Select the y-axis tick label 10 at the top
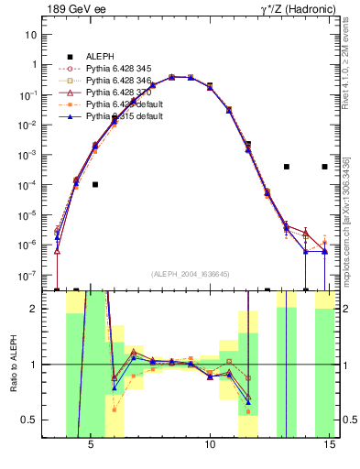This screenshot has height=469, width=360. pyautogui.click(x=30, y=35)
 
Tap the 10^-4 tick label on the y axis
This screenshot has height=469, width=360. pyautogui.click(x=27, y=185)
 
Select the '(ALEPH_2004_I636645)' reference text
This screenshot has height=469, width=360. pyautogui.click(x=191, y=275)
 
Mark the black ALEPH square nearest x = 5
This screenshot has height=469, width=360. pyautogui.click(x=95, y=184)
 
